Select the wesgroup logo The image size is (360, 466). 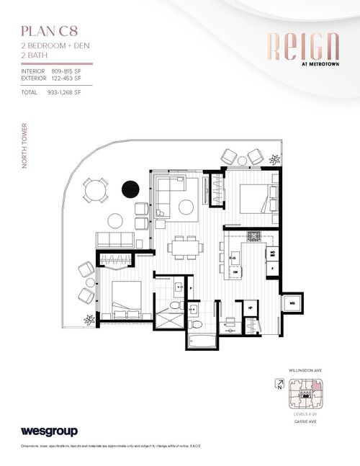(x=48, y=432)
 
